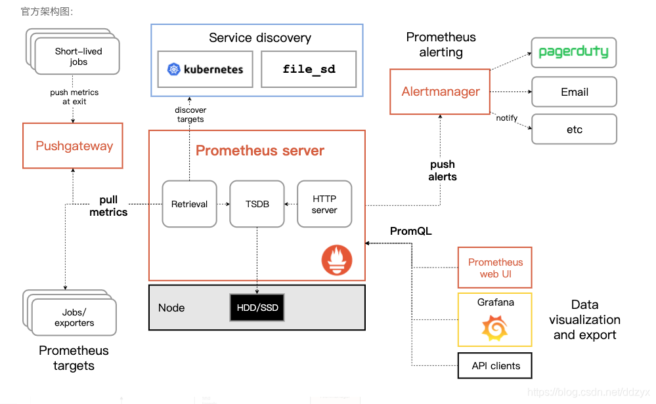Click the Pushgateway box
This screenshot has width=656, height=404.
click(73, 146)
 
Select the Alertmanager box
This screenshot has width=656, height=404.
click(440, 92)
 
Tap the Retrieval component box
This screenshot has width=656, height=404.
click(189, 204)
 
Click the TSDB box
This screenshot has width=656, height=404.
click(257, 204)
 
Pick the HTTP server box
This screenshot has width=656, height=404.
click(324, 204)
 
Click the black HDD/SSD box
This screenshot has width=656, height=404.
click(257, 308)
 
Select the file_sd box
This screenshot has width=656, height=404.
click(309, 69)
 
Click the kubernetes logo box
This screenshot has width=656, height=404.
click(206, 69)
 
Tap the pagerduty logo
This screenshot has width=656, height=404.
click(573, 52)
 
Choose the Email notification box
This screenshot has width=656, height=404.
click(574, 92)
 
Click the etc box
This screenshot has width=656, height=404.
click(574, 129)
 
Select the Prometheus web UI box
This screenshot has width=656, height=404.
click(495, 268)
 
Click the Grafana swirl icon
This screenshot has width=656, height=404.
click(494, 328)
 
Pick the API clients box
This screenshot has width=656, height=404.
click(495, 366)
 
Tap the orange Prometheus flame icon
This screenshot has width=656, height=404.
click(336, 260)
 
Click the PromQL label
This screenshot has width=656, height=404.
click(411, 231)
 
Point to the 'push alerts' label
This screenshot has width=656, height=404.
click(443, 171)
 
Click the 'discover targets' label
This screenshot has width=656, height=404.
click(190, 114)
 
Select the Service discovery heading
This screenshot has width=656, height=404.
click(260, 37)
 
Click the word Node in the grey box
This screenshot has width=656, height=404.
click(171, 308)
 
